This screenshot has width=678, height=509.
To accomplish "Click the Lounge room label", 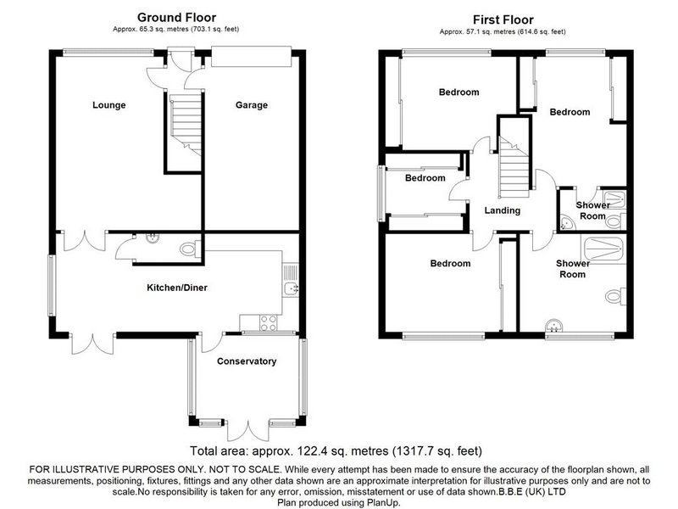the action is pos(109,104).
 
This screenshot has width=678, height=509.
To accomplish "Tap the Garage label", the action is pos(251,104).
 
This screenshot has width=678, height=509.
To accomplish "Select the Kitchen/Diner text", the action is pos(177,288).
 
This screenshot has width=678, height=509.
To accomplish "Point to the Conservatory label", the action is pos(247,361).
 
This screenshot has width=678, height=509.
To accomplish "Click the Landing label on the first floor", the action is pos(502,210).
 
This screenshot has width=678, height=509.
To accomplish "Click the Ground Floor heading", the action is pos(176,17).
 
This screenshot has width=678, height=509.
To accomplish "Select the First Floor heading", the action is pos(503,20).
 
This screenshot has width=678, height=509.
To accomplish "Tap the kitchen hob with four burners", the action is pos(268,323).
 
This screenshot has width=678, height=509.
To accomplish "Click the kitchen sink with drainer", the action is pos(291,280).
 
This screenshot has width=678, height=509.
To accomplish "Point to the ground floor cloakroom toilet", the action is pos(190,249).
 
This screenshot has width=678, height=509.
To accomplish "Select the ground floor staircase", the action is pos(186,126).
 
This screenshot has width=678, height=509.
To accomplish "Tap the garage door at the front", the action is pos(251,57).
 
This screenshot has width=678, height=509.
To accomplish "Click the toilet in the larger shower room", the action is pos(615,296).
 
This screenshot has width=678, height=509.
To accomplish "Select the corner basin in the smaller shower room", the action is pos(565,222).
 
